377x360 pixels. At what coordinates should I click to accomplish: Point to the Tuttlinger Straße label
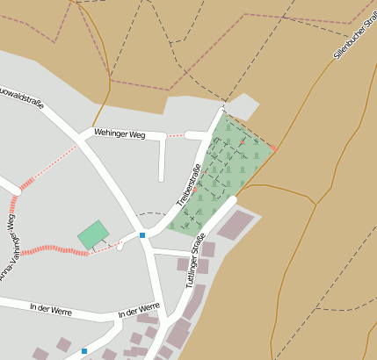[195, 261]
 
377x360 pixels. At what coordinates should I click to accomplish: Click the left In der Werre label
[50, 308]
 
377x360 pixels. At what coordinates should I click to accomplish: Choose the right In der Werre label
[139, 310]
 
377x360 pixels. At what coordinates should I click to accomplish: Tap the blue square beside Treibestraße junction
[142, 235]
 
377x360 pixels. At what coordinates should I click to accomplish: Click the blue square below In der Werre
[84, 351]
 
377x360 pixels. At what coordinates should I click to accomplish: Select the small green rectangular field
[93, 234]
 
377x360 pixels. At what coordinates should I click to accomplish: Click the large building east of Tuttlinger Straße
[236, 225]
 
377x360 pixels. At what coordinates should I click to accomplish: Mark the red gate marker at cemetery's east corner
[273, 148]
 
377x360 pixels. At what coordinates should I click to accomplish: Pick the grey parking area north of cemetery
[244, 107]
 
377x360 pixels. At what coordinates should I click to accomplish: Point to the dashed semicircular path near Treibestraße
[151, 213]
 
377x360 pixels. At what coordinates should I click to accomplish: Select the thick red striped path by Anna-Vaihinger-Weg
[53, 251]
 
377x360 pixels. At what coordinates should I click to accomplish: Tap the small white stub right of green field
[121, 245]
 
